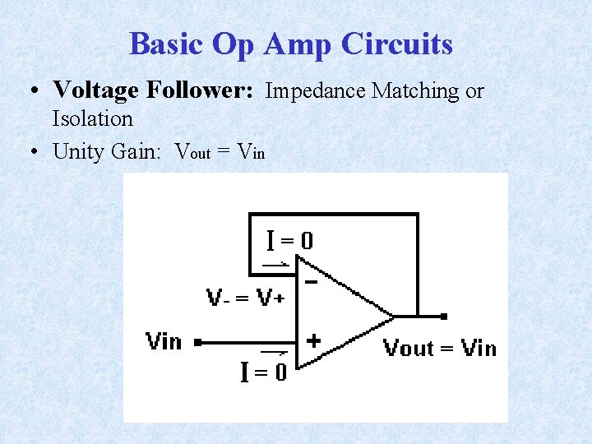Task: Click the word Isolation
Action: click(92, 118)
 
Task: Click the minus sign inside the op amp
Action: click(312, 282)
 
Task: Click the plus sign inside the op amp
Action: click(312, 339)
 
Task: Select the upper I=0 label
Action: click(289, 241)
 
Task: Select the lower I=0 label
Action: click(264, 372)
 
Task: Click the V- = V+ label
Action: click(244, 298)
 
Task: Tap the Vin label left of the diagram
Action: click(163, 340)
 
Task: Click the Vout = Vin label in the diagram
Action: click(440, 349)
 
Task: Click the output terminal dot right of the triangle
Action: click(444, 316)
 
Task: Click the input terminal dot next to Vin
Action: click(197, 340)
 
